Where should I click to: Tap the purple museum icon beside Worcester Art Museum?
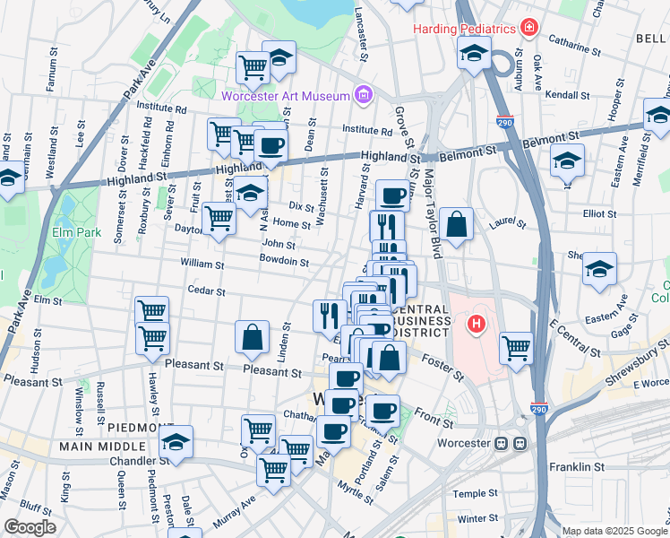pos(362,93)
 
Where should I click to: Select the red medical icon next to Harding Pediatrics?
pos(529,29)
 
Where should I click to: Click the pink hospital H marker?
pos(477,323)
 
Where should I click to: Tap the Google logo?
pos(29,527)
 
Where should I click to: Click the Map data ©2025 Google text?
pos(614,531)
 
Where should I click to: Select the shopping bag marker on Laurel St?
pos(457,225)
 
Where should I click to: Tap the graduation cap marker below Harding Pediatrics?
pos(474,53)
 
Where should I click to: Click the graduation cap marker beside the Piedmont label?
pos(176,442)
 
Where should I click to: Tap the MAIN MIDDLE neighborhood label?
pos(103,446)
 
